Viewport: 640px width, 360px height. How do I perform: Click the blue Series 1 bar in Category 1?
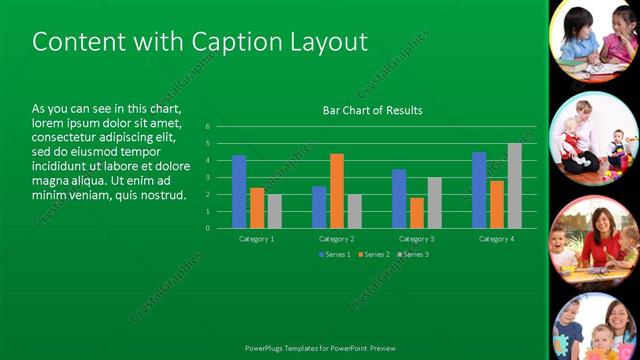coord(239,191)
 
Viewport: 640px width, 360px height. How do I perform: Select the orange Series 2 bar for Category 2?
coord(337,190)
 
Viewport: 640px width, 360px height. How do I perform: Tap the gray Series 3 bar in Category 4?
coord(514,185)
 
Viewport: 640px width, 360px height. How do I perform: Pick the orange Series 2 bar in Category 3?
coord(417,212)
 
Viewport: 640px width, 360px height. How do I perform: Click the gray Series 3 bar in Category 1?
coord(275,211)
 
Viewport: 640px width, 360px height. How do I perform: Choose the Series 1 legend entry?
coord(335,254)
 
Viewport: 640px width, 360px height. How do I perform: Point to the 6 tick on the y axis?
coord(207,127)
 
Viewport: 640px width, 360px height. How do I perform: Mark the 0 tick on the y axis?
coord(207,228)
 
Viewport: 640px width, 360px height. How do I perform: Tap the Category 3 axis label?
coord(417,239)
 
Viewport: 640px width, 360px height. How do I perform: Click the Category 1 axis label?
coord(257,239)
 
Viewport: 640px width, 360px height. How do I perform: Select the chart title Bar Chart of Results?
coord(372,110)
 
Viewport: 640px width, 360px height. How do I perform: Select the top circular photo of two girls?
coord(596,43)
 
